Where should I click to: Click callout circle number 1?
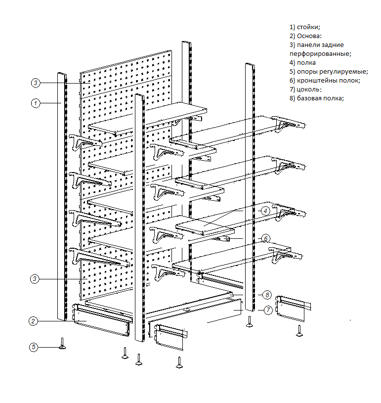tap(36, 103)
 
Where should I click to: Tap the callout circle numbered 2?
tap(33, 321)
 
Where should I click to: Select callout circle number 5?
tap(33, 347)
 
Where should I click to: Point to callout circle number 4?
tap(265, 210)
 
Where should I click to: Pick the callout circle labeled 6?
tap(265, 238)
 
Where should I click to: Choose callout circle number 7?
tap(267, 310)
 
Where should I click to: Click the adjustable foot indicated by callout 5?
tap(63, 344)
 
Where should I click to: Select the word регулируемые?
tap(343, 72)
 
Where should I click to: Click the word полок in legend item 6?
tap(350, 81)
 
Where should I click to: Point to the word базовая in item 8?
tap(310, 98)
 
